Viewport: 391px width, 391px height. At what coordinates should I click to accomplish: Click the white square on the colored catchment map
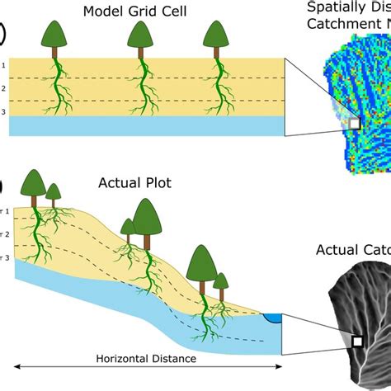[x=355, y=123]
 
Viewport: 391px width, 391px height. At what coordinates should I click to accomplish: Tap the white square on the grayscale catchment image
[x=358, y=341]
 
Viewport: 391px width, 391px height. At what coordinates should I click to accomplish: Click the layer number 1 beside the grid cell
[x=3, y=64]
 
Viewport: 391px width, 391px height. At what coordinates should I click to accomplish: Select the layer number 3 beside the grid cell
[x=3, y=111]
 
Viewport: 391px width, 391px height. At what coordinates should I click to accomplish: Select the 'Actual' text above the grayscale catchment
[x=338, y=250]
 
